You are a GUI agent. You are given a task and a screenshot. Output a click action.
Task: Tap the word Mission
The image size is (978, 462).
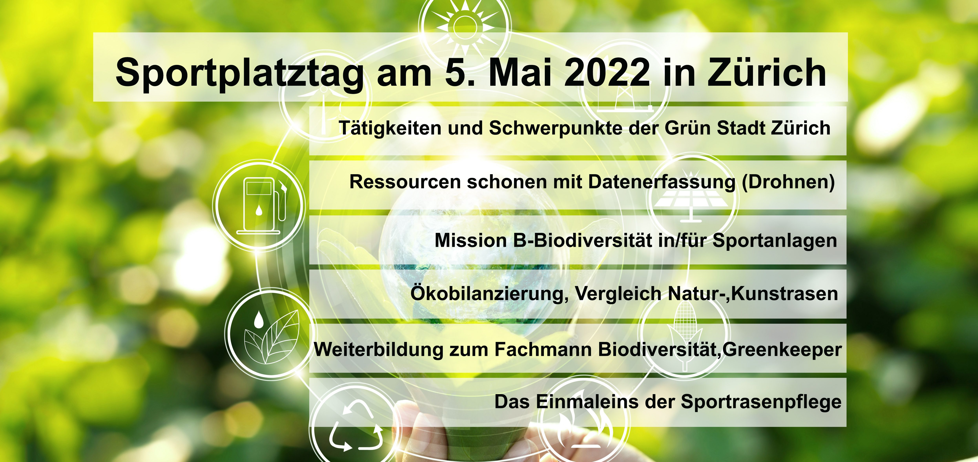pos(471,240)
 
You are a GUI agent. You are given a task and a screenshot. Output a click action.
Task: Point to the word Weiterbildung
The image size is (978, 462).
pos(378,349)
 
